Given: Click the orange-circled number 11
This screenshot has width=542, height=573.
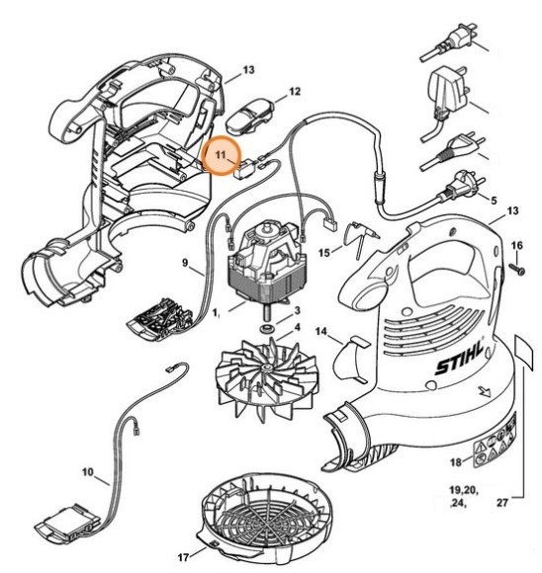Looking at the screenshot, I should (x=223, y=155).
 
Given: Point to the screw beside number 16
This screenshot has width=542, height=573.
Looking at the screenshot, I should (x=515, y=267).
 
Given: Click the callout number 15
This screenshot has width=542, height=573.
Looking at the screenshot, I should (x=324, y=253).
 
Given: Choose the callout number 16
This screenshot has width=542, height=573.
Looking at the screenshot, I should (x=515, y=244).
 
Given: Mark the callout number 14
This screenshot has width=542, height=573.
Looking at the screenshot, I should (x=321, y=331).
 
